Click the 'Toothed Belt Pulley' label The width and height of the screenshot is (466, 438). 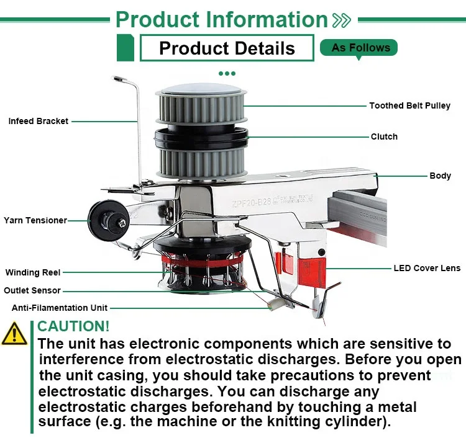click(x=409, y=105)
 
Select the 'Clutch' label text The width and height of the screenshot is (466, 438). click(x=384, y=136)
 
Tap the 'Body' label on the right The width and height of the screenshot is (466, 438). click(x=440, y=176)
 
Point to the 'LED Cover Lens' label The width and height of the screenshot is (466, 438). click(x=427, y=268)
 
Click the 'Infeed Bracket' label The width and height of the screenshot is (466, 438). click(x=39, y=121)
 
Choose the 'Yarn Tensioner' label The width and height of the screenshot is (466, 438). click(x=35, y=220)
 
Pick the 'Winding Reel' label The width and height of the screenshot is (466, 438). click(x=33, y=272)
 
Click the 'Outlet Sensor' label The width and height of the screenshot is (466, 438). click(x=32, y=290)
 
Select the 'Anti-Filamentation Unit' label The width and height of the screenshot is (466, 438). click(x=60, y=307)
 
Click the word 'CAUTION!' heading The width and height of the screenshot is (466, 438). click(x=73, y=326)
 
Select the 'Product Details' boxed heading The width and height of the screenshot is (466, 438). click(x=227, y=48)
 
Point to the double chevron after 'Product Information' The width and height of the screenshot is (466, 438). click(x=342, y=20)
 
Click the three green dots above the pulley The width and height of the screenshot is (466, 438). click(x=227, y=73)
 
